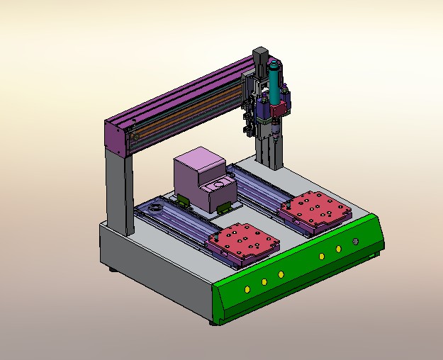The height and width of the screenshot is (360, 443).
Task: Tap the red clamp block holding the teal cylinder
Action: point(280,108)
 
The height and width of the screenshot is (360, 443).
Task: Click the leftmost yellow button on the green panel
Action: point(247,289)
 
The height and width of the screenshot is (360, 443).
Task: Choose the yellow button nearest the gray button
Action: point(339,249)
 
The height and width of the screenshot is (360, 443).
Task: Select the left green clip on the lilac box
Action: point(184,201)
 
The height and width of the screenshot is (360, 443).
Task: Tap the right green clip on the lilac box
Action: point(223,208)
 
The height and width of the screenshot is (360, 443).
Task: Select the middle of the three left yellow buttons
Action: point(264,282)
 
